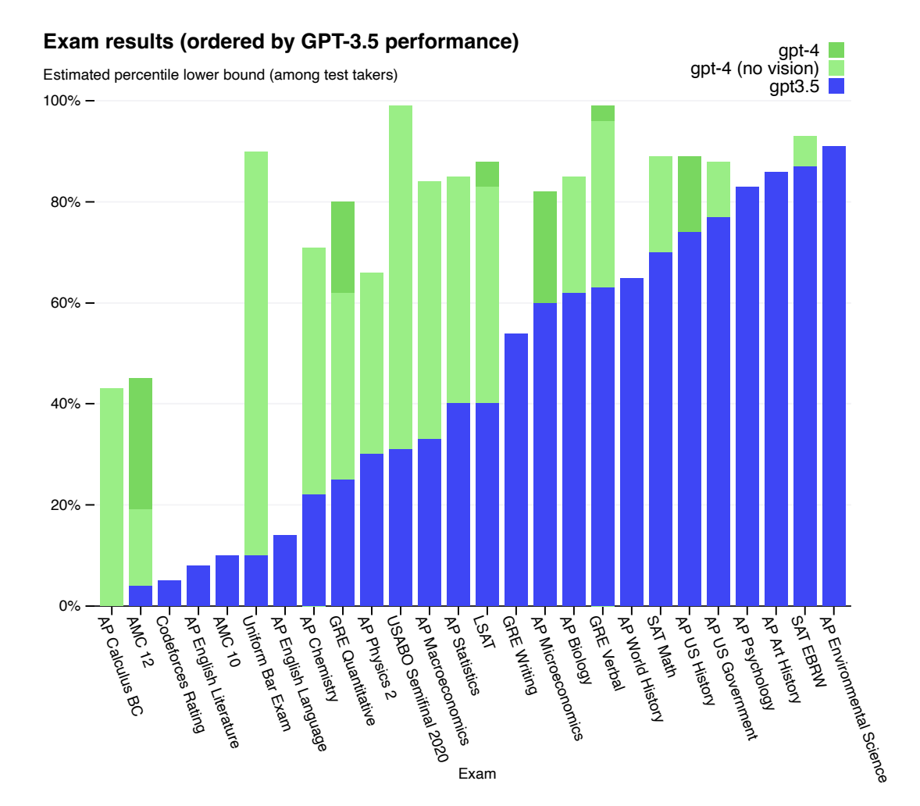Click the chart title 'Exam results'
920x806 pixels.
[x=281, y=41]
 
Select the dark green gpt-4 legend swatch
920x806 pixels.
[x=836, y=51]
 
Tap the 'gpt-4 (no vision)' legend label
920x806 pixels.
[x=754, y=69]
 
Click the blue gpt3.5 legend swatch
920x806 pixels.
[x=836, y=86]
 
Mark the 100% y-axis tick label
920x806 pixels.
[x=62, y=102]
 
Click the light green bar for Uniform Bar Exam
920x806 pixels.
[x=256, y=351]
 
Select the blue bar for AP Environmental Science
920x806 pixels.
[x=834, y=375]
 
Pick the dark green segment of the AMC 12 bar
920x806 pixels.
[x=141, y=444]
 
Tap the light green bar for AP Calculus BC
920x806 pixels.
[x=112, y=496]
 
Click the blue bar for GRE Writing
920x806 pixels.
[x=516, y=469]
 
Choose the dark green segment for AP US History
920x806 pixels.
[x=690, y=194]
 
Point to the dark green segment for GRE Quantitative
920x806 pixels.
[x=343, y=247]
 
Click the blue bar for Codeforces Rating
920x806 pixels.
[x=169, y=593]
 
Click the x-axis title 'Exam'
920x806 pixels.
[x=476, y=774]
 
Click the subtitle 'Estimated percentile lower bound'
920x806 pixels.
[x=220, y=75]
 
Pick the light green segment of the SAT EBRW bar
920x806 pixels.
[x=805, y=151]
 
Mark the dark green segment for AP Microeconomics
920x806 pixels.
[x=545, y=247]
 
